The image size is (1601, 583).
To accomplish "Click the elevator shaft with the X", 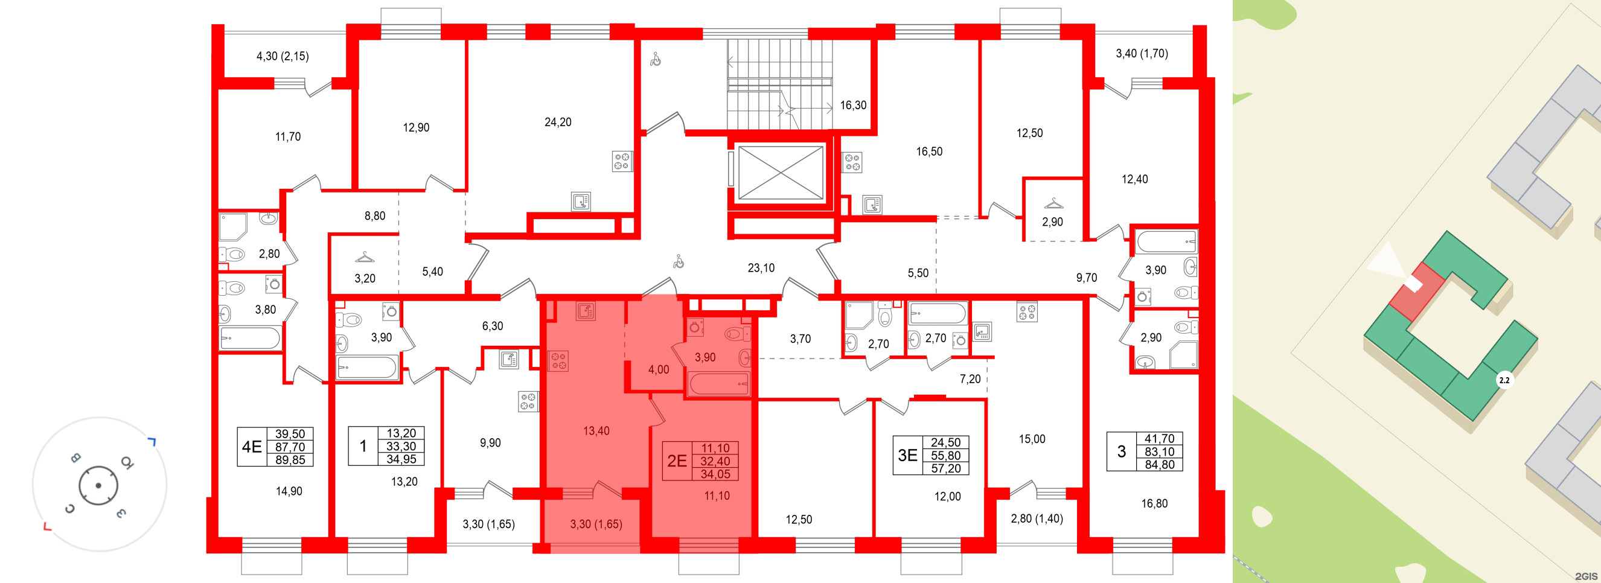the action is [780, 173].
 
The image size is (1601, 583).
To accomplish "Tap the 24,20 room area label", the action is [557, 123].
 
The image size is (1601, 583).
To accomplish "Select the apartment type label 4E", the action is [251, 446].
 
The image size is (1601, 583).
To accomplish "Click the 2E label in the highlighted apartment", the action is [676, 460].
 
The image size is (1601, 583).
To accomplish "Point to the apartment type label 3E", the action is [907, 456].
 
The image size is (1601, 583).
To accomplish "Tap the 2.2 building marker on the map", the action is [1504, 380].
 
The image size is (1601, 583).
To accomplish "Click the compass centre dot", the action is [98, 485].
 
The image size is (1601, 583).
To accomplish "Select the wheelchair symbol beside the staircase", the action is [655, 60].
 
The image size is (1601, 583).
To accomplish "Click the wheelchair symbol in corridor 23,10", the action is [679, 262].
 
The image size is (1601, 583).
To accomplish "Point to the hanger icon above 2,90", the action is [1053, 203].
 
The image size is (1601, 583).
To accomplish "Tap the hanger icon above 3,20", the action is [364, 256].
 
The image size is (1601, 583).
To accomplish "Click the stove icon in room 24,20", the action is [622, 161].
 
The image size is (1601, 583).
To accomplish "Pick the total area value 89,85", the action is [290, 460].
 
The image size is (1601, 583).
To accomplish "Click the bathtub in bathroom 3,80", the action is [250, 339].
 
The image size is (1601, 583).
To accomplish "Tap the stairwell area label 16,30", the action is [852, 106].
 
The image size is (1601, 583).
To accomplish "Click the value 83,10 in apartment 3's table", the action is [1159, 452].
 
